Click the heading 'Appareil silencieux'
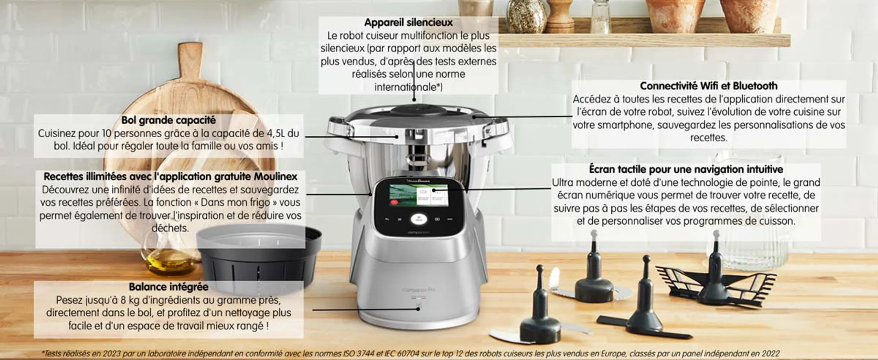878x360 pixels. pyautogui.click(x=408, y=23)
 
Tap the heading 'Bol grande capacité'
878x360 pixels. pyautogui.click(x=168, y=120)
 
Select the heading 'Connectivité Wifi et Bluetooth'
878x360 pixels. pyautogui.click(x=708, y=86)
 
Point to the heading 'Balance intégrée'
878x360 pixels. pyautogui.click(x=168, y=287)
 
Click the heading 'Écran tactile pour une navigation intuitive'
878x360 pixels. pyautogui.click(x=686, y=169)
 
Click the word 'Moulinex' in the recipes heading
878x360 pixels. pyautogui.click(x=276, y=177)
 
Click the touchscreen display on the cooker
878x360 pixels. pyautogui.click(x=418, y=195)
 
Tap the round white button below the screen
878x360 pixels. pyautogui.click(x=418, y=219)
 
